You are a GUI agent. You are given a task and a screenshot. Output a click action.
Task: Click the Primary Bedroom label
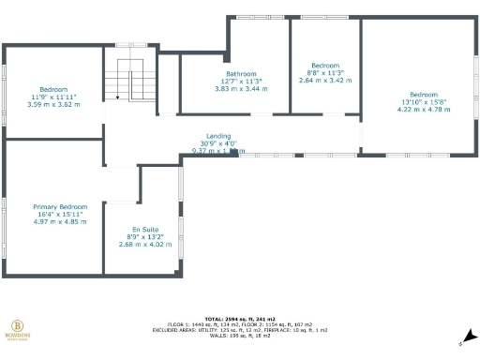point(60,206)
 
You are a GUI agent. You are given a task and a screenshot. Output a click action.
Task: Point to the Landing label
point(218,135)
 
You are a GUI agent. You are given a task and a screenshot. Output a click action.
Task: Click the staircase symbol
point(129,82)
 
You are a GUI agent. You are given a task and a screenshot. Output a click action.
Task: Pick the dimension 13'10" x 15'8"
point(423,101)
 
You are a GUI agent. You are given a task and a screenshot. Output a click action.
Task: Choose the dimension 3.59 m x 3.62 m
point(54,104)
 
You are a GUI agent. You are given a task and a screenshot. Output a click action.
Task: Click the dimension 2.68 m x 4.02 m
point(145,245)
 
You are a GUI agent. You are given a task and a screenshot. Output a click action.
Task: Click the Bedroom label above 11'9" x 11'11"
point(54,89)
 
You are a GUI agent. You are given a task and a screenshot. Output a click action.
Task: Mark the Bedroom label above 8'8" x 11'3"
point(326,65)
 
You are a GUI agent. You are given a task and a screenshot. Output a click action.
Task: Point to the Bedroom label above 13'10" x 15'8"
point(423,94)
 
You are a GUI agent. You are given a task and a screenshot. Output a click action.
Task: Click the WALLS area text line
point(239,337)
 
